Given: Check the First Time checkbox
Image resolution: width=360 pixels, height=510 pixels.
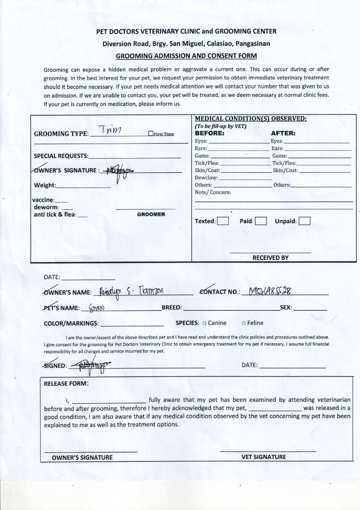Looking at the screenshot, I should click(151, 134).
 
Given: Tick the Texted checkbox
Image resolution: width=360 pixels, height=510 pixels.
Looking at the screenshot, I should click(223, 221).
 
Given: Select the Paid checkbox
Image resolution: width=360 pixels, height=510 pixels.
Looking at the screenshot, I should click(261, 221).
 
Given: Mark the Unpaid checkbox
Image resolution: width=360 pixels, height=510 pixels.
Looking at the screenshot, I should click(305, 221).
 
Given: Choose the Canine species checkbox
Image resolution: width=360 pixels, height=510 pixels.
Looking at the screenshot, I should click(204, 323).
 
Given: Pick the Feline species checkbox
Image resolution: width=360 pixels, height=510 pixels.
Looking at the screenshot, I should click(243, 323).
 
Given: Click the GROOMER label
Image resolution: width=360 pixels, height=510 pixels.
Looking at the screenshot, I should click(151, 214).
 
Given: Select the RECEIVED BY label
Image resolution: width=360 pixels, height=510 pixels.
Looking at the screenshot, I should click(270, 258).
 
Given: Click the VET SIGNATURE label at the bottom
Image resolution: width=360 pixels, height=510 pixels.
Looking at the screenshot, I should click(264, 457).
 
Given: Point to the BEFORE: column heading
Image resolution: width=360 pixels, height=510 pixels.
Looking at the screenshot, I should click(210, 133).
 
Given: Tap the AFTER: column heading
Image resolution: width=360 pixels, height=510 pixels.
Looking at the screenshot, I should click(283, 133).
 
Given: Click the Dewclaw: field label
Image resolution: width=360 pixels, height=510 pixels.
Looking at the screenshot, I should click(206, 178).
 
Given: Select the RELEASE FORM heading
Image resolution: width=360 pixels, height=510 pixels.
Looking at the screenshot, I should click(66, 383).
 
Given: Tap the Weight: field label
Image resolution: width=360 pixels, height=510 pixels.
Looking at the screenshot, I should click(45, 185).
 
